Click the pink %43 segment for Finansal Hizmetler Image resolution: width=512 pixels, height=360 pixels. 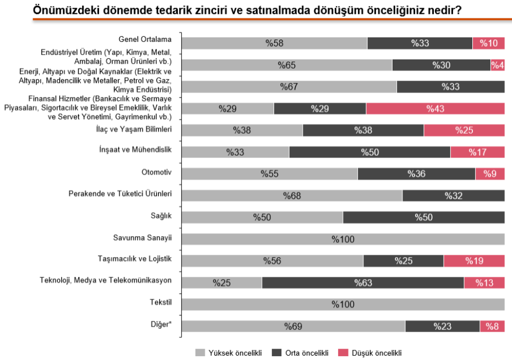tap(435, 108)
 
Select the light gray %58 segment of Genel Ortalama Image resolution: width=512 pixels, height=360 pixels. tap(274, 43)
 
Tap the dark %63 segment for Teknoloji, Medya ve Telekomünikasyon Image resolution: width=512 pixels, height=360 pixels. tap(363, 283)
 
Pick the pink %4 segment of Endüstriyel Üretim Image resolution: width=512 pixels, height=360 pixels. tap(498, 65)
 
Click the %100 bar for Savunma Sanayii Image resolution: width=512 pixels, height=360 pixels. tap(343, 239)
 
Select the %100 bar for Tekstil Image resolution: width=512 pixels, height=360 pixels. tap(343, 304)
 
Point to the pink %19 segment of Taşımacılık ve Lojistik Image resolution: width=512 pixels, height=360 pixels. tap(474, 261)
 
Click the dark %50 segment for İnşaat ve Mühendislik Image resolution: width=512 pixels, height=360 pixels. tap(369, 152)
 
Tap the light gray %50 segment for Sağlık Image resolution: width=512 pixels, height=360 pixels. tap(262, 217)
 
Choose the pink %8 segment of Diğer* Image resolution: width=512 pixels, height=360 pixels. tap(492, 326)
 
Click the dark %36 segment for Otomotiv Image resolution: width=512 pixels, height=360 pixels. tap(416, 174)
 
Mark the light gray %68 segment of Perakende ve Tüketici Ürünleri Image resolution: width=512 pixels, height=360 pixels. tap(292, 195)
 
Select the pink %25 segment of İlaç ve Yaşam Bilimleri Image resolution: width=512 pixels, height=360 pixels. tap(464, 130)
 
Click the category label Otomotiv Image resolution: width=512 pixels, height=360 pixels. tap(157, 172)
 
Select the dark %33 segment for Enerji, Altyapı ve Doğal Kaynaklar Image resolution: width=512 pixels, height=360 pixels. tap(450, 87)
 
